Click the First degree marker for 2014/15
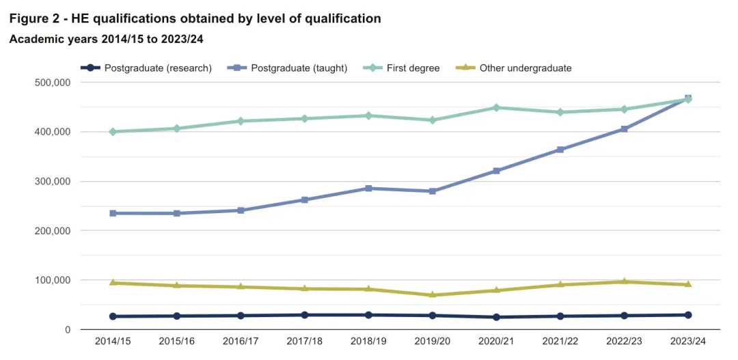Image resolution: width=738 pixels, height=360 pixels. (x=113, y=132)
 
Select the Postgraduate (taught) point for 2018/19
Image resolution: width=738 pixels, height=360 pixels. (x=368, y=188)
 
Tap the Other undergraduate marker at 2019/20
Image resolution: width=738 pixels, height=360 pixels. (x=433, y=295)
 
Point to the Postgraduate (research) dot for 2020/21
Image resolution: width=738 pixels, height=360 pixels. (x=497, y=317)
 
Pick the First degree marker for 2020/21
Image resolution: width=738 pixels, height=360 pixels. (x=497, y=108)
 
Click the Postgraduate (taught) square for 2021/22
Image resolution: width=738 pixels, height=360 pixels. (x=560, y=150)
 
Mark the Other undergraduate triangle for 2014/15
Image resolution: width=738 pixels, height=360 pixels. (x=113, y=283)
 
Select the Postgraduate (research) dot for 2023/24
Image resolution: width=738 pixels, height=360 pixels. (x=688, y=315)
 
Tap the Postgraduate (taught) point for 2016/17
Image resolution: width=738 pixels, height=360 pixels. (x=241, y=210)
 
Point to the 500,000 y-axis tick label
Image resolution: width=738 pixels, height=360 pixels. (x=52, y=83)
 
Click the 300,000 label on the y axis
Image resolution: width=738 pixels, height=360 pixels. (x=52, y=182)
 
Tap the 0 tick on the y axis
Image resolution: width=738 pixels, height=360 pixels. (x=66, y=330)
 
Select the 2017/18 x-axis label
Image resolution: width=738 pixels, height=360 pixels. (x=305, y=341)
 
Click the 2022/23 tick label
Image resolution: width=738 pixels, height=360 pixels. (x=625, y=341)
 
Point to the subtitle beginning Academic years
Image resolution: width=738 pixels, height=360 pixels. (x=106, y=40)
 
